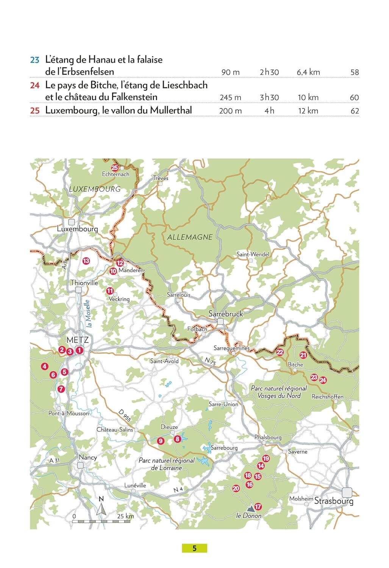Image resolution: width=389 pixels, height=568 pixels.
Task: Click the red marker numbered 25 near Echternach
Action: click(114, 168)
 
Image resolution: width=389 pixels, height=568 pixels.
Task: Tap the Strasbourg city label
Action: click(334, 501)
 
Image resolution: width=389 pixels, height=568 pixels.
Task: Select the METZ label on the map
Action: click(78, 340)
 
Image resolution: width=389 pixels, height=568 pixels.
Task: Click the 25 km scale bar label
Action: click(125, 516)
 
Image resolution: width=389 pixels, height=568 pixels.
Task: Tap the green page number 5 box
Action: click(194, 548)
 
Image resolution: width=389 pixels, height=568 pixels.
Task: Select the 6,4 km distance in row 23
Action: click(308, 72)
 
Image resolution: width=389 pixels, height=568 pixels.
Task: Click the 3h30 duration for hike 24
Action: click(269, 97)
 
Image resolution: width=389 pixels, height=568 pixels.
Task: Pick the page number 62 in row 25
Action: click(355, 111)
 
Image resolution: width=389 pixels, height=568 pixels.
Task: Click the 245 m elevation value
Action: click(230, 97)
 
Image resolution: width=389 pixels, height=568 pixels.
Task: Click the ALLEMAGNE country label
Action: click(190, 237)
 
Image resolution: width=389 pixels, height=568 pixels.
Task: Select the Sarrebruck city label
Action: click(226, 314)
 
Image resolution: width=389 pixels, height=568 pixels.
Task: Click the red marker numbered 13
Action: click(86, 261)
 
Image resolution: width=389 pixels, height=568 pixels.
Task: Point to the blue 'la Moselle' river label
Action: click(88, 314)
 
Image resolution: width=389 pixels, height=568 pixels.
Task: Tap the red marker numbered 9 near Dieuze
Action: click(161, 441)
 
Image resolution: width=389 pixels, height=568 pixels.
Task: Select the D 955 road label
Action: click(124, 415)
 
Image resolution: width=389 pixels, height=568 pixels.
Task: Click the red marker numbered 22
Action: click(280, 352)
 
